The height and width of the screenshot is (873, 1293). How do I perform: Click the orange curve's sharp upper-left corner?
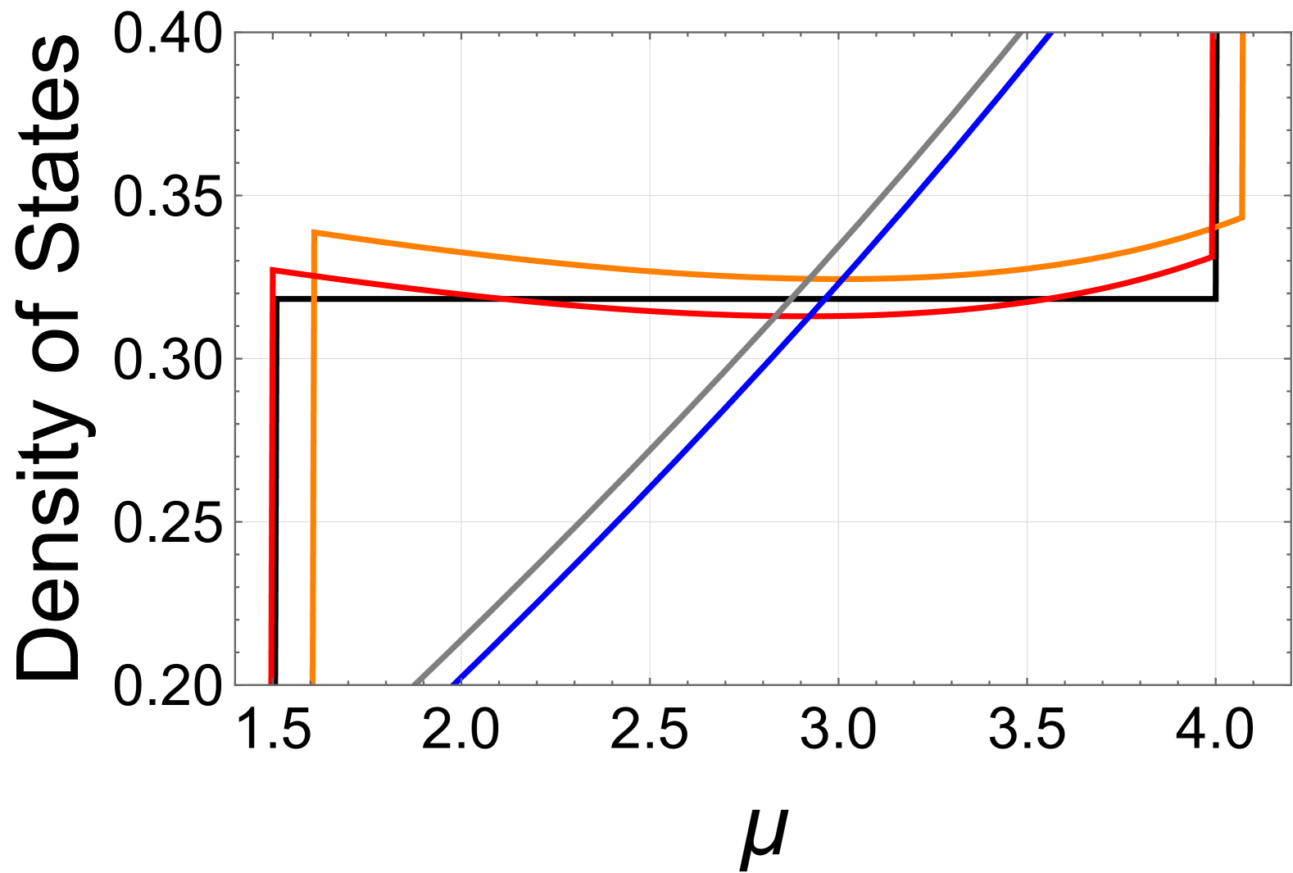(x=314, y=232)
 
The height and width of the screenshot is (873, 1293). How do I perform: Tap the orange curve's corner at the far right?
(x=1243, y=218)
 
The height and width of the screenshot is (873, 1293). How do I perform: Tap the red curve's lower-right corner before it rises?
(x=1212, y=257)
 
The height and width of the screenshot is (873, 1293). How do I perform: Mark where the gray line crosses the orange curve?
(x=808, y=280)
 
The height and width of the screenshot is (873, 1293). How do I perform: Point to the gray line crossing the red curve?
(x=774, y=316)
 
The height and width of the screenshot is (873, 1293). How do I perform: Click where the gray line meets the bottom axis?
(x=415, y=684)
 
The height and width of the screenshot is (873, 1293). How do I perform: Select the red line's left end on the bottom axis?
(x=270, y=684)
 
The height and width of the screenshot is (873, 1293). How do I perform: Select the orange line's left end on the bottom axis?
(x=313, y=684)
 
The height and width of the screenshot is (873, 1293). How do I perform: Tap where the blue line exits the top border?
(x=1050, y=33)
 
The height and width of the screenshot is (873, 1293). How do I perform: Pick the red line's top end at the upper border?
(x=1212, y=33)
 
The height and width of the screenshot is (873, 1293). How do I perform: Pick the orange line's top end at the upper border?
(x=1244, y=33)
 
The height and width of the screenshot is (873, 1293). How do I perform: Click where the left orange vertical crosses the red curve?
(x=314, y=275)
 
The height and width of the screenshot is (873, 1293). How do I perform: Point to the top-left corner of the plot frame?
(x=235, y=33)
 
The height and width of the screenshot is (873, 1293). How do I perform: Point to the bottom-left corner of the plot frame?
(x=235, y=684)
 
